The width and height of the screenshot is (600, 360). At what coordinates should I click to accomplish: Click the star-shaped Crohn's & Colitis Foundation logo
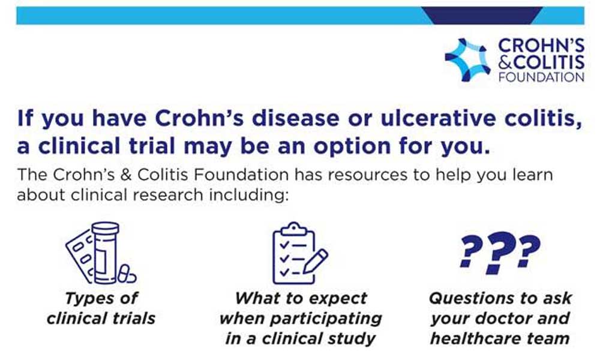click(x=467, y=59)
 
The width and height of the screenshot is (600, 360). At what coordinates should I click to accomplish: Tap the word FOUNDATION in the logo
click(x=541, y=77)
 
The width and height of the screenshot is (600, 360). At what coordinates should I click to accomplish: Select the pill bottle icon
click(x=101, y=253)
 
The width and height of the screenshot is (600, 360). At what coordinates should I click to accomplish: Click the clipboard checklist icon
click(x=300, y=253)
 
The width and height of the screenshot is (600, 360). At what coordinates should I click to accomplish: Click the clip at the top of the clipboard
click(x=293, y=229)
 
